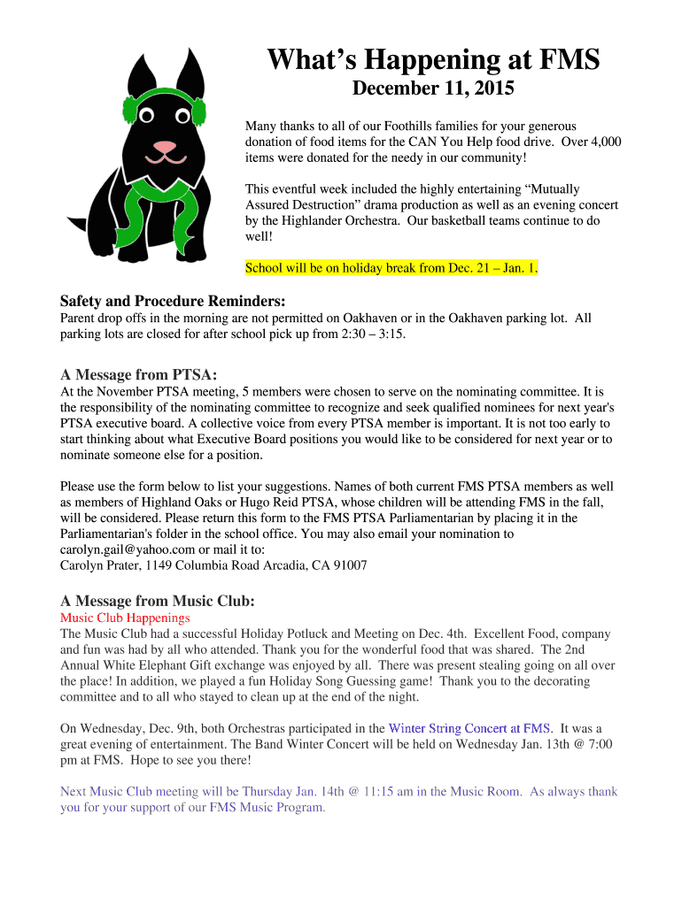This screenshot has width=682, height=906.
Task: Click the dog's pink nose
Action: [x=164, y=146]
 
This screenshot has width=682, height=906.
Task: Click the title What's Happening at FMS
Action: [x=434, y=60]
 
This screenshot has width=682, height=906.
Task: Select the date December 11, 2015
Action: [x=433, y=88]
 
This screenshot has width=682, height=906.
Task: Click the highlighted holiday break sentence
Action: [x=391, y=267]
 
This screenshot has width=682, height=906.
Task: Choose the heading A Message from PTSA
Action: [x=138, y=373]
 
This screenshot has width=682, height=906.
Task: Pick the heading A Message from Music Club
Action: [x=157, y=601]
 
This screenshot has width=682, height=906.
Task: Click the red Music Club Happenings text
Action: [x=125, y=618]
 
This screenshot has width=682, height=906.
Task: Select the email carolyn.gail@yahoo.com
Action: [x=128, y=549]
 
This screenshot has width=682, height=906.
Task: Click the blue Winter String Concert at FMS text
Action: [x=470, y=728]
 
